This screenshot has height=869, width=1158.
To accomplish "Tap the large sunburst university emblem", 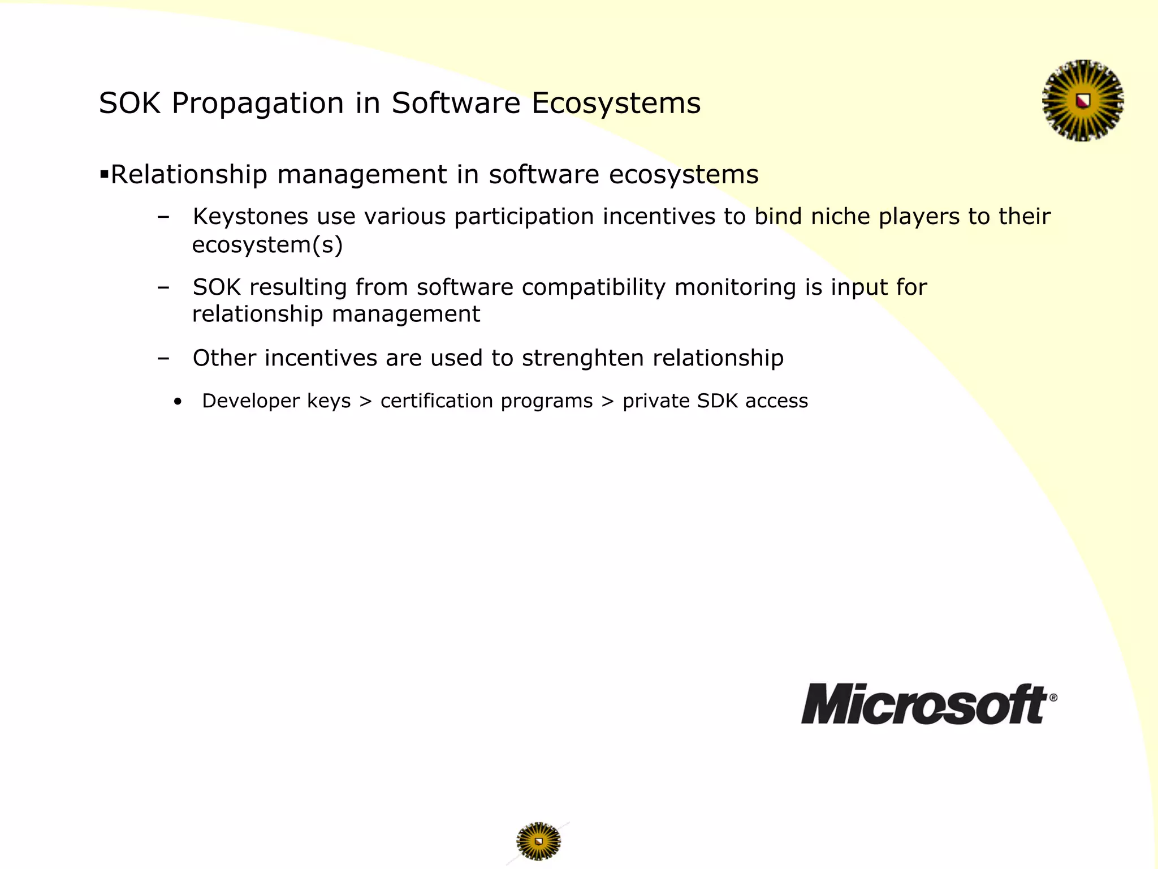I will pos(1083,101).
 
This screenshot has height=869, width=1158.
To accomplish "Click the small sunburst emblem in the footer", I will pos(538,841).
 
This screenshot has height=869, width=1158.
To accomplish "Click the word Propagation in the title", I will pos(257,104).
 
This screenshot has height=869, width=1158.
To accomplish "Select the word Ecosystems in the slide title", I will pos(616,104).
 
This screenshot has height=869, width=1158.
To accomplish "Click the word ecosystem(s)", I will pos(267,245).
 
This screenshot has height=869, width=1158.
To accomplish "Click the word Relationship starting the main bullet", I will pos(188,174).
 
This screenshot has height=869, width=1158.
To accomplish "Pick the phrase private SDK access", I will pos(715,401).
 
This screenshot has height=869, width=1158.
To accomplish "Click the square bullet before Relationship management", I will pos(103,174).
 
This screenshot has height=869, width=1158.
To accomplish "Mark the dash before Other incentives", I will pos(163,358).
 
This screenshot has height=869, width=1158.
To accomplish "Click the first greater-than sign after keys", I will pos(366,401).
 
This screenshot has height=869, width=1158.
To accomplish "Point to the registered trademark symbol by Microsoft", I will pos(1053,698).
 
